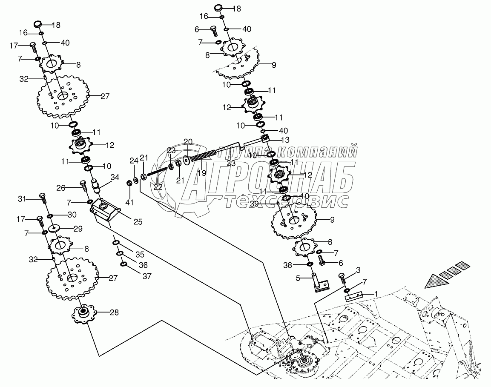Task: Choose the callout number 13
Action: [284, 140]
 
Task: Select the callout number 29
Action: [78, 229]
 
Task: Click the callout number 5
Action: [299, 278]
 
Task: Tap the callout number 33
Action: [230, 162]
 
